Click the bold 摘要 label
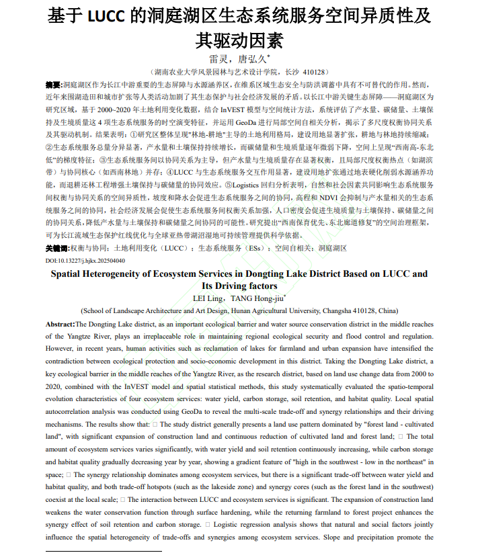click(53, 85)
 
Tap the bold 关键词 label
click(57, 248)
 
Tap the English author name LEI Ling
click(209, 298)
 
